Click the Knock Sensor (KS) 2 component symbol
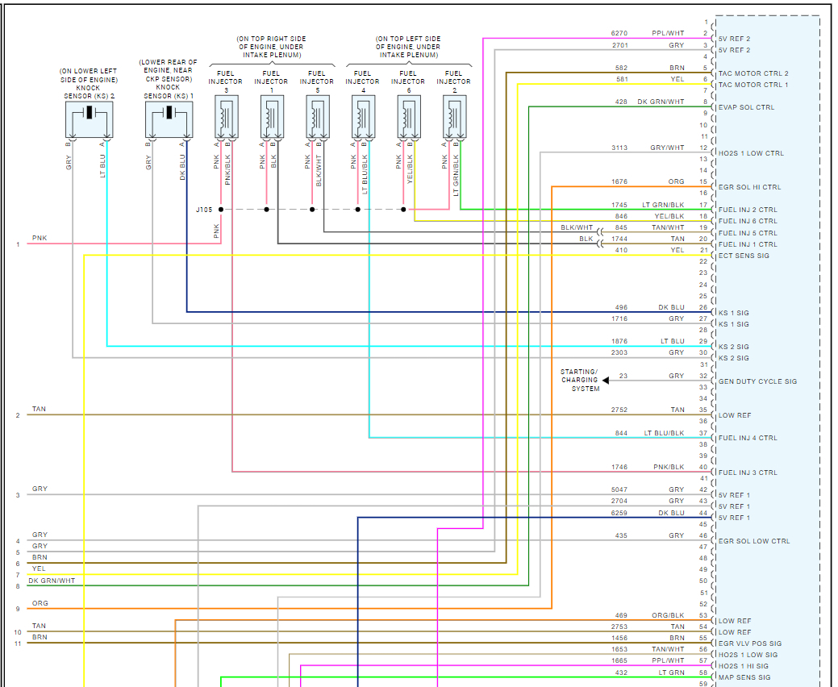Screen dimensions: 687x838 (x=89, y=119)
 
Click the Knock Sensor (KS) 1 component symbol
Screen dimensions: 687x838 (x=169, y=119)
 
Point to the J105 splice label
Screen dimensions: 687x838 (x=203, y=210)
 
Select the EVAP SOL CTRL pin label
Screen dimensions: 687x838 (x=746, y=107)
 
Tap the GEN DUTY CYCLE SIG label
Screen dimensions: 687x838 (x=757, y=381)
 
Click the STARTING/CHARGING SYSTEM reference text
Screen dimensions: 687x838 (x=580, y=380)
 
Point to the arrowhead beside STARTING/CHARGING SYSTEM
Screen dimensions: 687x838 (x=606, y=380)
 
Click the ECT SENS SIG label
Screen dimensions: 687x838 (x=744, y=256)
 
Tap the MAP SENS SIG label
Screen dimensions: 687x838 (x=744, y=677)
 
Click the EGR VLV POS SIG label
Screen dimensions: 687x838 (x=750, y=643)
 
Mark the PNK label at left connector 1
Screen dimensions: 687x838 (x=40, y=239)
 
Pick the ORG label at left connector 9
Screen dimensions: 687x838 (x=40, y=603)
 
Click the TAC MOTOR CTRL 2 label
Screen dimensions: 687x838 (x=753, y=73)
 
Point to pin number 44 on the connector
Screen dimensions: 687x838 (x=704, y=513)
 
